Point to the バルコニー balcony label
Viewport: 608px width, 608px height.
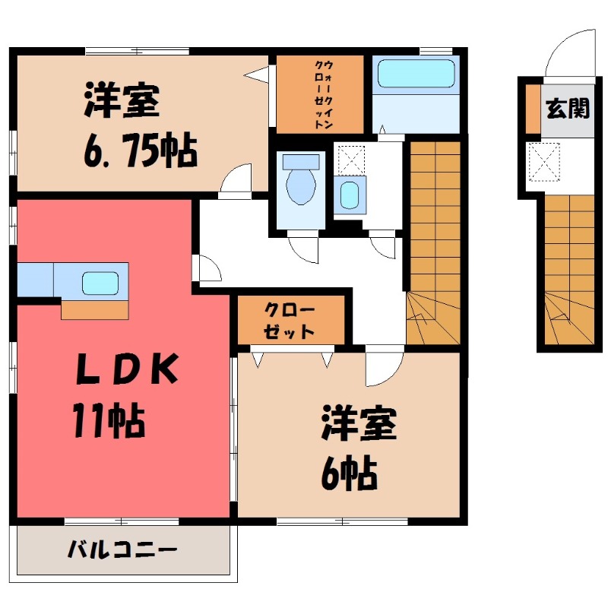(x=122, y=549)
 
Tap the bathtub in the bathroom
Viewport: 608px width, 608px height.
(x=416, y=76)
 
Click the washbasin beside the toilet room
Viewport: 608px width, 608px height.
(x=349, y=195)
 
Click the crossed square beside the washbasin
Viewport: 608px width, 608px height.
(x=350, y=159)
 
